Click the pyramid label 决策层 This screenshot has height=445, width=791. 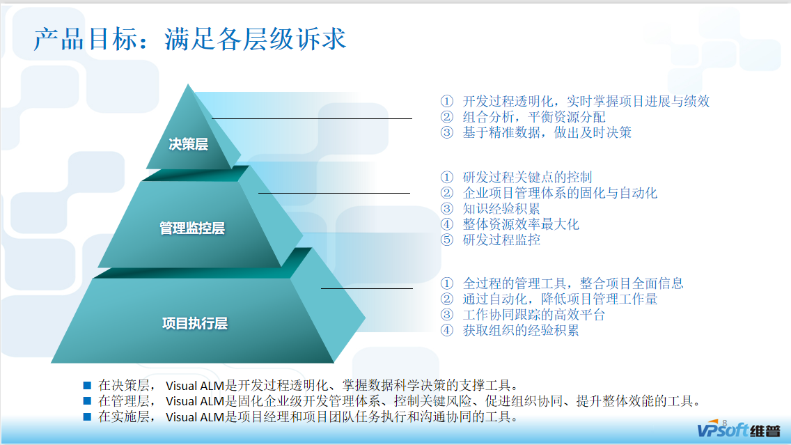(189, 144)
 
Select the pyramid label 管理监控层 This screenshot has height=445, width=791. (192, 228)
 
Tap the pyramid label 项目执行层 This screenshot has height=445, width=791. (195, 323)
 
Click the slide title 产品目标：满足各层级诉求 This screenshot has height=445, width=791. (189, 39)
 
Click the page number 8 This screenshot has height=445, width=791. (725, 422)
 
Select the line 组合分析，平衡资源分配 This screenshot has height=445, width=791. (534, 117)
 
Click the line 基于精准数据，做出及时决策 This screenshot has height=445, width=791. (547, 132)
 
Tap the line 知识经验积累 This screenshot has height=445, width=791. (501, 208)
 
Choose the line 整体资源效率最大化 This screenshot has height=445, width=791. (521, 224)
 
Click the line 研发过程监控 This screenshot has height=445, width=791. (501, 240)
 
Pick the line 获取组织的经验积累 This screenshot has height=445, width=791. (521, 330)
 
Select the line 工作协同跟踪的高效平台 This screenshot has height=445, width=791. (534, 314)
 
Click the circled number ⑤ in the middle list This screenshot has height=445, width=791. (447, 240)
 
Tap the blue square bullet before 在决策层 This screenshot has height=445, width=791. (87, 384)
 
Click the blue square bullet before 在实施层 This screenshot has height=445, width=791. (87, 416)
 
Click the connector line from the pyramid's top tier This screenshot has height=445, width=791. (313, 118)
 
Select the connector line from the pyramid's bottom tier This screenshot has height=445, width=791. (367, 288)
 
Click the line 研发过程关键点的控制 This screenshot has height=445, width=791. (528, 178)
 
